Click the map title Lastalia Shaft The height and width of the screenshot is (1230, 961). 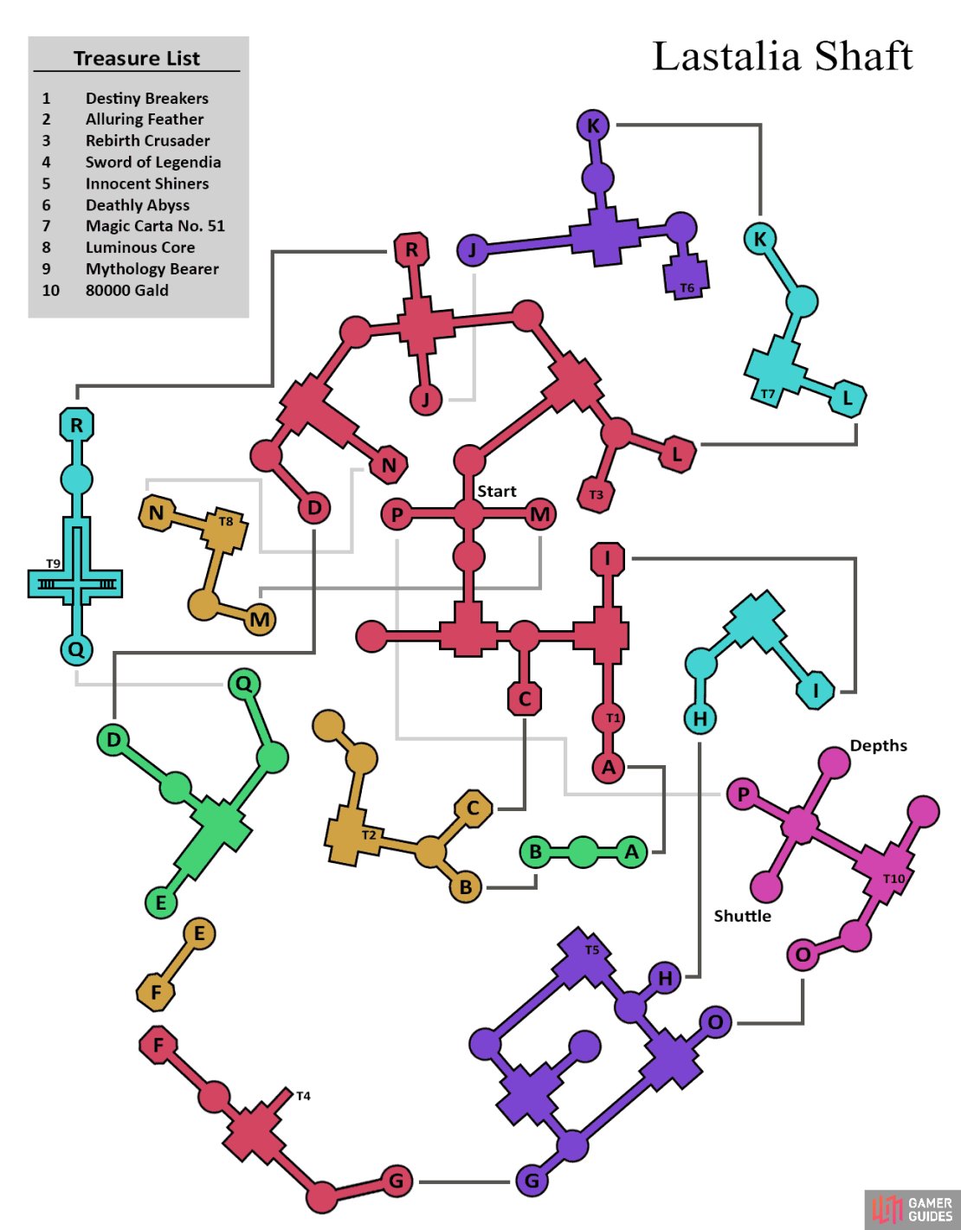point(783,56)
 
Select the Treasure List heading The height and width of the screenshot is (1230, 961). point(137,58)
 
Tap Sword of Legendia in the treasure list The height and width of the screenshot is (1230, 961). point(153,162)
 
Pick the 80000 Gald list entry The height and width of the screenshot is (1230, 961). point(126,290)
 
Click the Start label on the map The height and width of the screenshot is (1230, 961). point(496,491)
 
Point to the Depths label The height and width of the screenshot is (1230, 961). point(879,746)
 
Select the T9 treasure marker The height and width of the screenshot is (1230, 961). point(53,563)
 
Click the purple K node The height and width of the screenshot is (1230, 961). point(592,126)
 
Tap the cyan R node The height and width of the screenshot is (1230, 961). point(76,424)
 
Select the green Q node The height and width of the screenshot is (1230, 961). point(244,685)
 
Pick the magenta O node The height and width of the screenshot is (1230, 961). point(803,955)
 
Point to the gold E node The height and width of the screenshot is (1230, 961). point(199,934)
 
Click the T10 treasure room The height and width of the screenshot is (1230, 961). point(883,873)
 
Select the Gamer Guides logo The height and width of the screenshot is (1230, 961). point(912,1209)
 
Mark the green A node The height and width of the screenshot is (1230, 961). point(632,852)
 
